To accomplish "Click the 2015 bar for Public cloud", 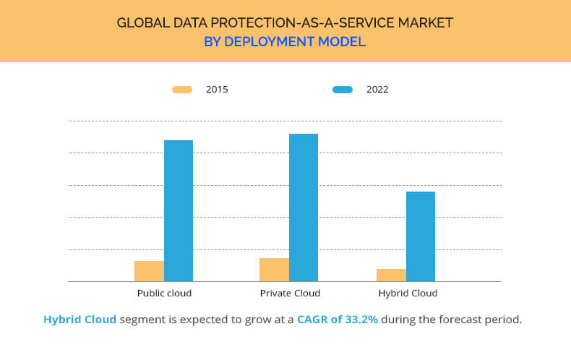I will click(149, 271).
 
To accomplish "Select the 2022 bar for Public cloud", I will click(179, 210).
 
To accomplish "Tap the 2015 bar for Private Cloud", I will click(274, 270).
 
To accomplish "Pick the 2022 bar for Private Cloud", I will click(304, 207).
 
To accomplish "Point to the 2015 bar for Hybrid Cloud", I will click(391, 275).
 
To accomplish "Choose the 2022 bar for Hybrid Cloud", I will click(421, 236).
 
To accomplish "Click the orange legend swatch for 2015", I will click(182, 90).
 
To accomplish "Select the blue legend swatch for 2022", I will click(343, 90).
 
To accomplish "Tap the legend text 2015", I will click(217, 90).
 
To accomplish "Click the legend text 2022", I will click(377, 90).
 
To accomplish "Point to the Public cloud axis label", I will click(164, 293).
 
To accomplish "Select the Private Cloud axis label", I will click(290, 293).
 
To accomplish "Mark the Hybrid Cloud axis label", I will click(408, 293).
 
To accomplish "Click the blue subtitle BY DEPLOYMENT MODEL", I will click(285, 42).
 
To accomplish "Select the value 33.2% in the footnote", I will click(361, 319).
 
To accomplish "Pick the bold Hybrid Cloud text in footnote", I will click(80, 319).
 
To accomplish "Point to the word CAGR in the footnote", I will click(313, 319).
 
